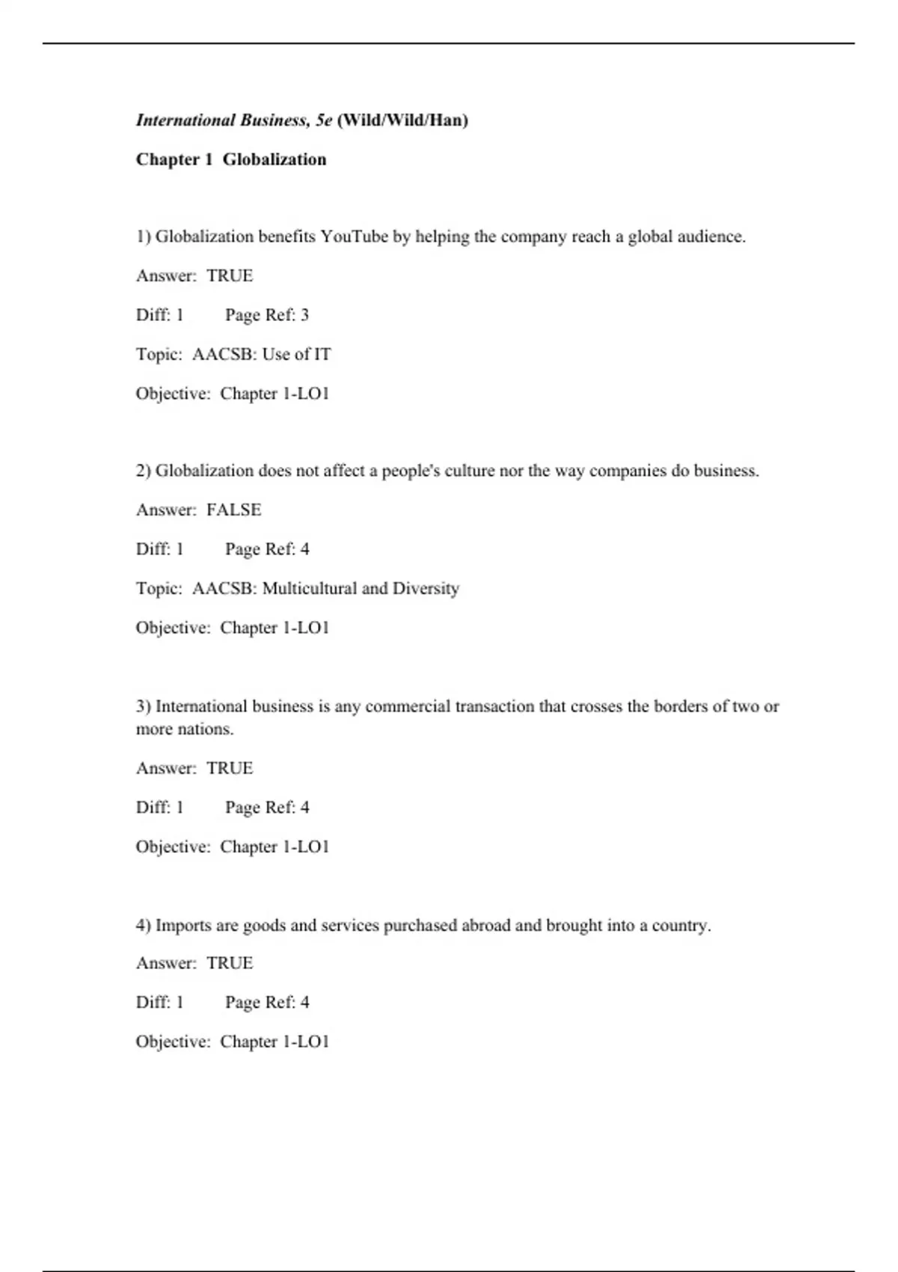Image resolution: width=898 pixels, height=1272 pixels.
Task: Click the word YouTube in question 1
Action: pyautogui.click(x=354, y=236)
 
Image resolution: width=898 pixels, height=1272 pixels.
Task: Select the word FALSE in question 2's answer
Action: pyautogui.click(x=233, y=510)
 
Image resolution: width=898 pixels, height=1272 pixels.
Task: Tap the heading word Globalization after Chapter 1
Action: pyautogui.click(x=275, y=159)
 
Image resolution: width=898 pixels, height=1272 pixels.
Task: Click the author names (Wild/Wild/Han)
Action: pyautogui.click(x=403, y=120)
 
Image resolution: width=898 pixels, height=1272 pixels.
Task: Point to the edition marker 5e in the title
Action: pyautogui.click(x=323, y=120)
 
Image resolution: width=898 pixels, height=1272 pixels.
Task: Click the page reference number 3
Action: pyautogui.click(x=305, y=315)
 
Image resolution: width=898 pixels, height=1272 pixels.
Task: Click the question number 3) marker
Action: pyautogui.click(x=143, y=706)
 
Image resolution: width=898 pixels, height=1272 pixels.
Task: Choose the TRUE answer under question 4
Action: pyautogui.click(x=230, y=963)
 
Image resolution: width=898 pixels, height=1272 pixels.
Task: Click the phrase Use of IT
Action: pyautogui.click(x=296, y=354)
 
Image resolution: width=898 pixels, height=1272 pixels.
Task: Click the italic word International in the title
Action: pyautogui.click(x=186, y=120)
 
